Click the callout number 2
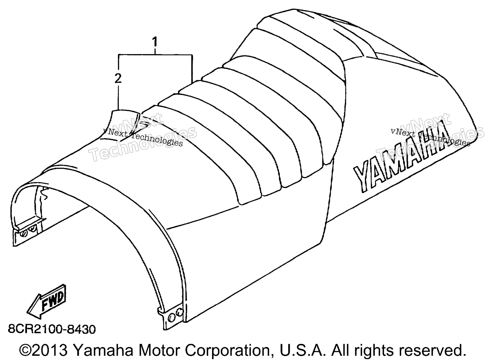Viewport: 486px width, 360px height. [118, 79]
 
